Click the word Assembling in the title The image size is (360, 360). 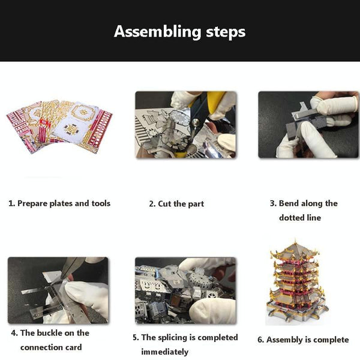tap(157, 32)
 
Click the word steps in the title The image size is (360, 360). tap(226, 32)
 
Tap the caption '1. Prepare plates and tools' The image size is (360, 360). tap(59, 203)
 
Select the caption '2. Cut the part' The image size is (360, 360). tap(176, 203)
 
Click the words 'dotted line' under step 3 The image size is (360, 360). tap(300, 217)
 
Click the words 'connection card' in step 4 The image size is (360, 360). tap(51, 347)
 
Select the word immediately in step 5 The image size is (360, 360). tap(164, 352)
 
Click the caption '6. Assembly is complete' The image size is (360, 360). tap(303, 340)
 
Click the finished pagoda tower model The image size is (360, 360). tap(296, 282)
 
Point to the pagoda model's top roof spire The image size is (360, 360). tap(295, 242)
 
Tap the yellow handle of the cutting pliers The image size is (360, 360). tap(217, 98)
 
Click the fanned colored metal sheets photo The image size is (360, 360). tap(59, 126)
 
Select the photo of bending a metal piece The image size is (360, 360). tap(308, 124)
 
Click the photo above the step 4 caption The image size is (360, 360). tap(58, 290)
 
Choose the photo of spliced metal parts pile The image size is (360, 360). tap(185, 290)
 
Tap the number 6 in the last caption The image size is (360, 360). tap(260, 340)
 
